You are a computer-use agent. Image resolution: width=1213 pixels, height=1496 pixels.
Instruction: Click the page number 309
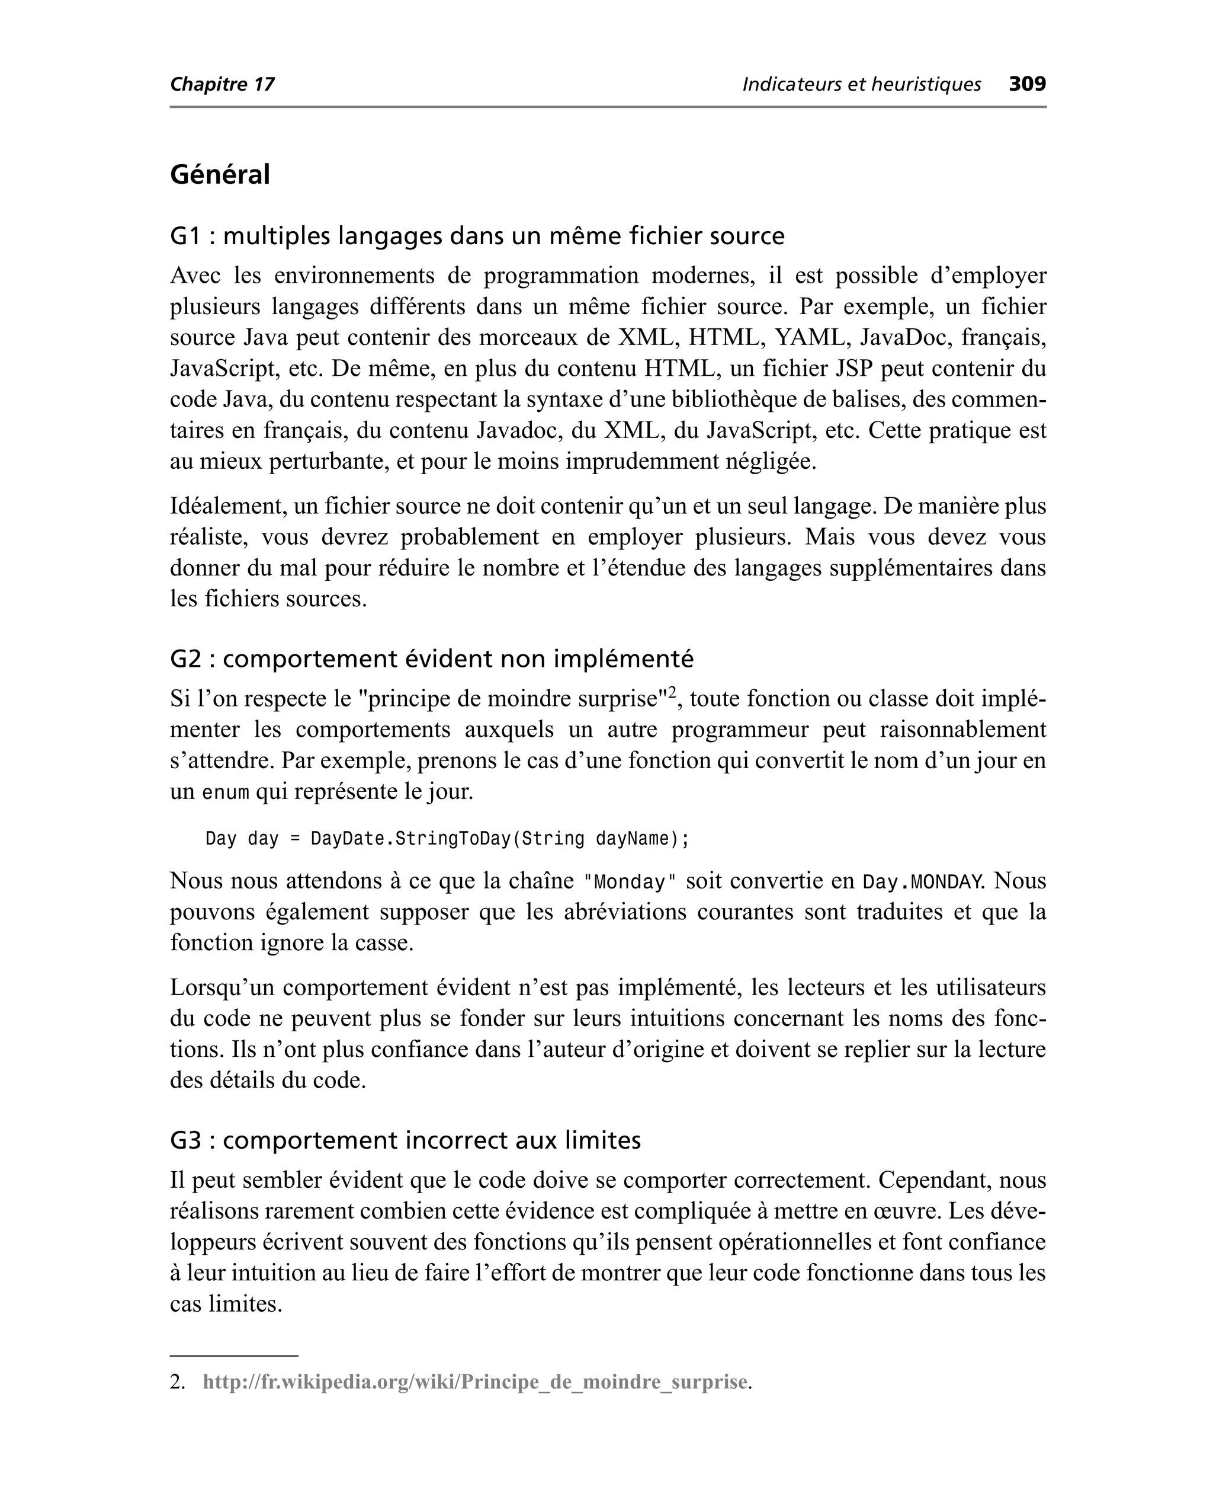[1027, 84]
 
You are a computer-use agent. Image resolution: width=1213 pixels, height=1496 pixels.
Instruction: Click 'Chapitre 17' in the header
[222, 85]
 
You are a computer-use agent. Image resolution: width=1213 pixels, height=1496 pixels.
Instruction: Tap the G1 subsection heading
[477, 236]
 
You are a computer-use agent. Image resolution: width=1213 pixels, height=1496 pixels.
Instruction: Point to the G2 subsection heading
[432, 659]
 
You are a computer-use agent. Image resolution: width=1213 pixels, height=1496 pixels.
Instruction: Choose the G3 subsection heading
[405, 1140]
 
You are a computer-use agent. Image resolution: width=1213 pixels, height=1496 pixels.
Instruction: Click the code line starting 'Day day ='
[447, 838]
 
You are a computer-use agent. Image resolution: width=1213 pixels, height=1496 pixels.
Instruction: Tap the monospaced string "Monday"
[630, 881]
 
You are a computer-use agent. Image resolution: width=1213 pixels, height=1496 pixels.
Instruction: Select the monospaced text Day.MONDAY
[922, 881]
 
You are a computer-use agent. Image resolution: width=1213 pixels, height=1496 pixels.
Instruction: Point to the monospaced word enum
[225, 792]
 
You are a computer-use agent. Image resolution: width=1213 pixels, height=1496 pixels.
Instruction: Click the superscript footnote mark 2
[672, 692]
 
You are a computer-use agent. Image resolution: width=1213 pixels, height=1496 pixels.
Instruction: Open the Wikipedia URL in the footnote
[475, 1382]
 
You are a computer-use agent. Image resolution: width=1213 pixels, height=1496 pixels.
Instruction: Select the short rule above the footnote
[234, 1356]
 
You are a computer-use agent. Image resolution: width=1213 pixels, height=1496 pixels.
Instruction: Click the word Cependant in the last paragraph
[933, 1181]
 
